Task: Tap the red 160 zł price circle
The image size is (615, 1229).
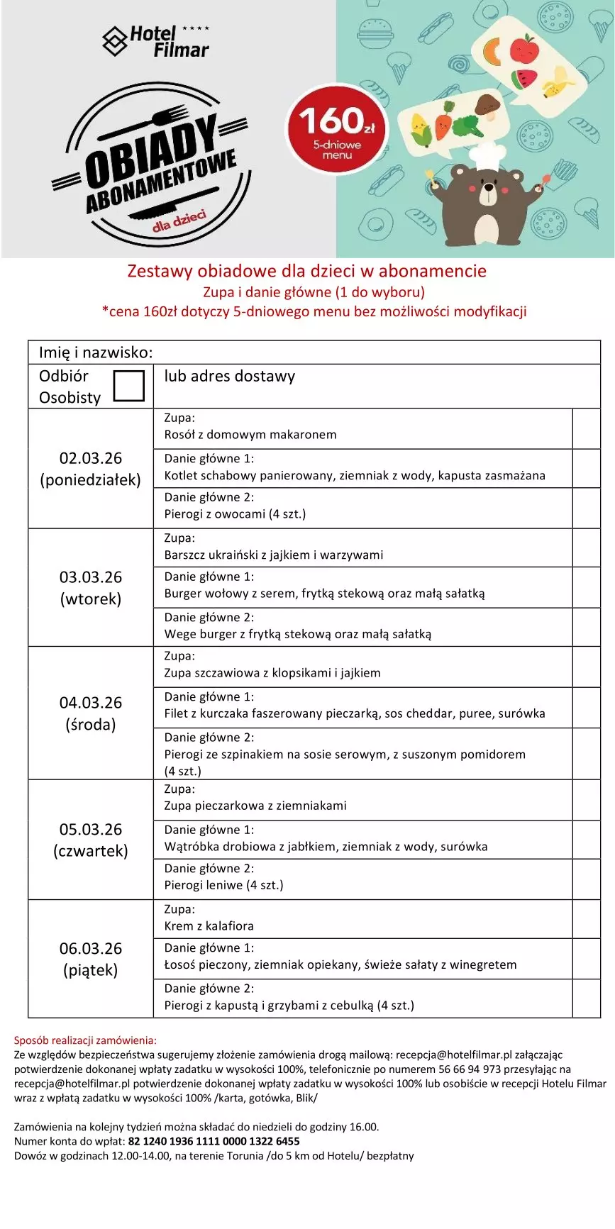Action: pyautogui.click(x=336, y=130)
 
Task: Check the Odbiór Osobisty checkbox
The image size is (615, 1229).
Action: pyautogui.click(x=129, y=386)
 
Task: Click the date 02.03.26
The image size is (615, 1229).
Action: pyautogui.click(x=91, y=458)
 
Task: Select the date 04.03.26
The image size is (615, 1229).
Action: pyautogui.click(x=91, y=703)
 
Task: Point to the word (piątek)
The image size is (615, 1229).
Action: pyautogui.click(x=91, y=970)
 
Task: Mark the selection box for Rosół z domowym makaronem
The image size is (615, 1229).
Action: pyautogui.click(x=586, y=428)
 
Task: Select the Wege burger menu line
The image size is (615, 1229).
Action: pyautogui.click(x=297, y=635)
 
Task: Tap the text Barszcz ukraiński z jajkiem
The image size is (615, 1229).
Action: pyautogui.click(x=273, y=555)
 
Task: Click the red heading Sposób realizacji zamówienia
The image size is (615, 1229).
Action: pyautogui.click(x=85, y=1040)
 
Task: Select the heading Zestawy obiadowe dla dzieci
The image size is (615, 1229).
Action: pyautogui.click(x=306, y=271)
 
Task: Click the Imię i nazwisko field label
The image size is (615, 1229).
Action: pyautogui.click(x=96, y=352)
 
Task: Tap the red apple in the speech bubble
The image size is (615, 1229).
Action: pyautogui.click(x=524, y=49)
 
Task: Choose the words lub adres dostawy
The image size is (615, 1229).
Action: pyautogui.click(x=229, y=377)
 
